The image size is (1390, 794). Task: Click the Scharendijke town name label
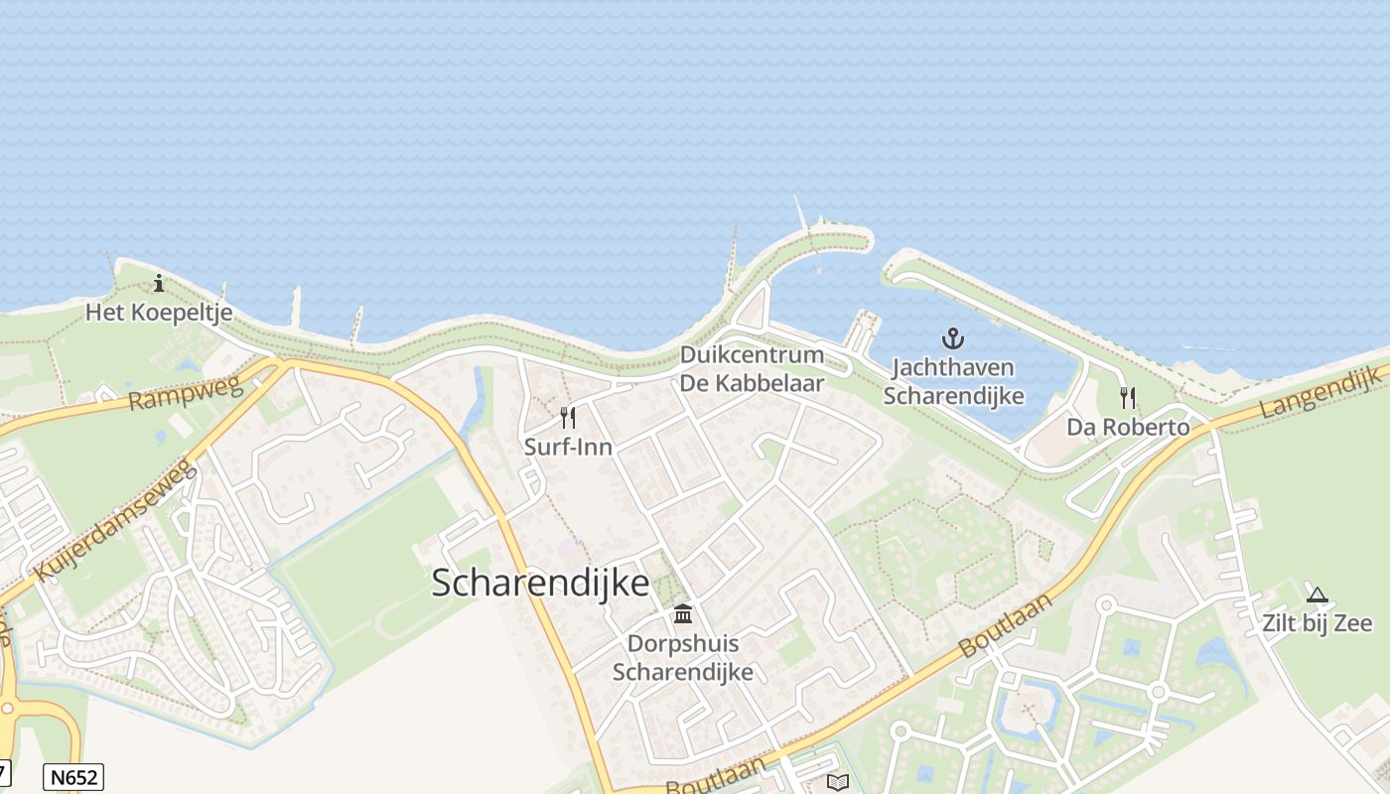click(540, 583)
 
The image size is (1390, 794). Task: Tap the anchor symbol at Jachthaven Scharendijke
click(952, 339)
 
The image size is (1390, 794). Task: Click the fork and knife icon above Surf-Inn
click(568, 417)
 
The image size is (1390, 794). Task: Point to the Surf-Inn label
click(568, 447)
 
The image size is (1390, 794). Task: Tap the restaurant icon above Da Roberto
click(1128, 398)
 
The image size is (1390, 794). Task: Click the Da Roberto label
click(1128, 428)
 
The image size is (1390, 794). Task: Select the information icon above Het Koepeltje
click(159, 284)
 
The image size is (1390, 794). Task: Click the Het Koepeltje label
click(159, 313)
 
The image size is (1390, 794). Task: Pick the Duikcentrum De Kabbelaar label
click(752, 368)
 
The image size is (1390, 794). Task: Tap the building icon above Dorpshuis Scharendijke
click(683, 614)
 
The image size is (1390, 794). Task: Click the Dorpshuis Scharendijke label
click(683, 658)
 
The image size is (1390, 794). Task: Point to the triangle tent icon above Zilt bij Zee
click(1318, 595)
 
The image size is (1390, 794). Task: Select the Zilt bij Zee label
click(1318, 623)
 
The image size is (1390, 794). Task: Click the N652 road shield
click(73, 776)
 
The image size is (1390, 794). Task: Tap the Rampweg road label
click(186, 394)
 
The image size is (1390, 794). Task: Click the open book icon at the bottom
click(838, 782)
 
